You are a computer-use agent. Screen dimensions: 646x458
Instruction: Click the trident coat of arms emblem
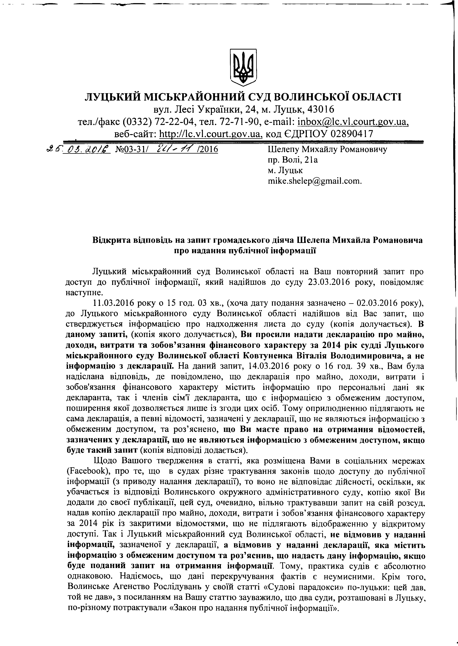tap(243, 67)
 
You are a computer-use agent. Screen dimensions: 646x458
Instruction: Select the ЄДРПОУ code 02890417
tap(352, 134)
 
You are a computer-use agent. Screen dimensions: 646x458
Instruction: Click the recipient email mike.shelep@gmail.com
tap(314, 181)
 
